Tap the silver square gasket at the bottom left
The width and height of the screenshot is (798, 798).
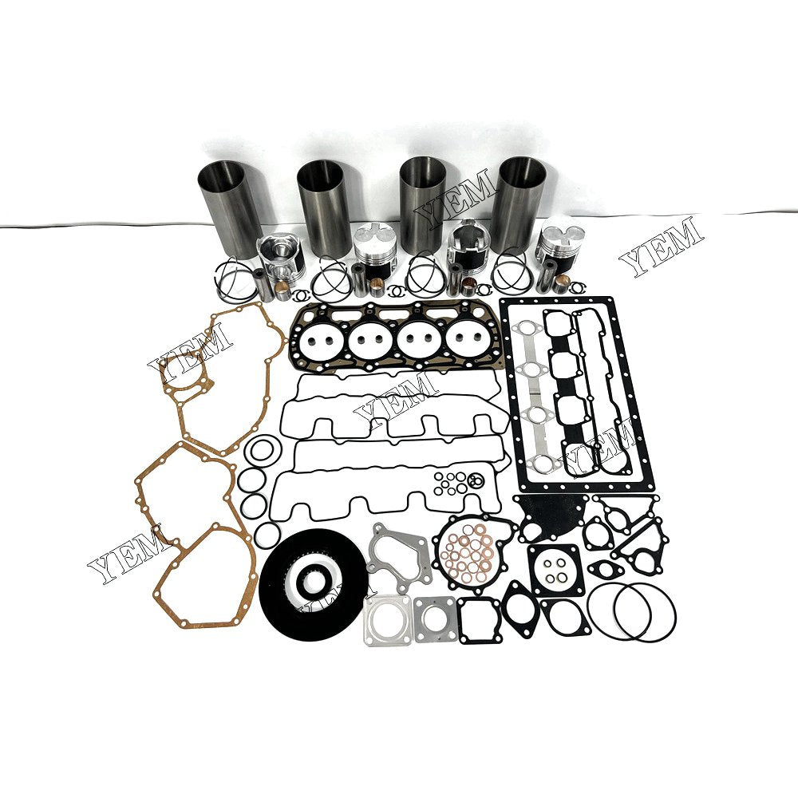[386, 619]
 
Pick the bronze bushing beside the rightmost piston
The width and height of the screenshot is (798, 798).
[564, 282]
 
